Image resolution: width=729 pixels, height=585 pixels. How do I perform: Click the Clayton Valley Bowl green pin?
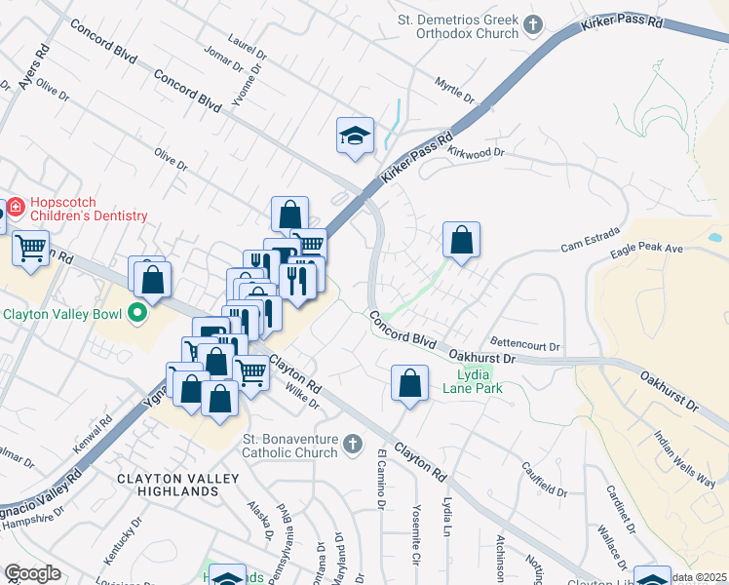pos(137,314)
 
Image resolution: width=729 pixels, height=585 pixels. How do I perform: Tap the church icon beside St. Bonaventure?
pos(354,446)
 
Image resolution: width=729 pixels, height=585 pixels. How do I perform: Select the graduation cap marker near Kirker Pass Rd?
pos(355,136)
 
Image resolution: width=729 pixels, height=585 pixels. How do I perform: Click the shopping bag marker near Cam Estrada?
pos(461,240)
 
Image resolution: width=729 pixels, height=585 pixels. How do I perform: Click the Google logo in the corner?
pos(32,572)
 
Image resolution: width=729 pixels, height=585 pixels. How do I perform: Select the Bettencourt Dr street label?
pos(525,345)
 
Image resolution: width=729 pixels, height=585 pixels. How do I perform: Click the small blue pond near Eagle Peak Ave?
pos(714,237)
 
